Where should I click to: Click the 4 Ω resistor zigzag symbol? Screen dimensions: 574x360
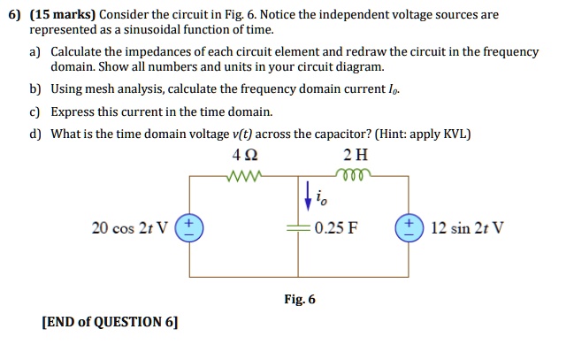(244, 176)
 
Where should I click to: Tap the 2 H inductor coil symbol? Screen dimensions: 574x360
(353, 174)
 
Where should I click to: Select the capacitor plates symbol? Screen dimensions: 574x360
(298, 228)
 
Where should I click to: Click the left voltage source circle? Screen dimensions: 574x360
(189, 228)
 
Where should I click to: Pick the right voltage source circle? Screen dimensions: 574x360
(409, 228)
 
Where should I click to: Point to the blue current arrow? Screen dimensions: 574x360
(309, 196)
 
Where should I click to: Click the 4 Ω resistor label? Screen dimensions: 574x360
(245, 155)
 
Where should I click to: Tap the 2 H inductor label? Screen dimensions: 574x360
(356, 155)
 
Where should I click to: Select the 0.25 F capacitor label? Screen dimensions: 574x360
(336, 228)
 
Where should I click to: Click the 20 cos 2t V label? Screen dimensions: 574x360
(130, 228)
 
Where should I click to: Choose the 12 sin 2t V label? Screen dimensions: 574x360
(467, 228)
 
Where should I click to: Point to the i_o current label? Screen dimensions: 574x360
(321, 198)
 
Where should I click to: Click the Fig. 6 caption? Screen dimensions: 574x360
(300, 299)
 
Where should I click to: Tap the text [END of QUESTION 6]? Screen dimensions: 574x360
(110, 322)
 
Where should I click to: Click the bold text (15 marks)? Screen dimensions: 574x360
(63, 15)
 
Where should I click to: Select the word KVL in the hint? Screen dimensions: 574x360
(455, 134)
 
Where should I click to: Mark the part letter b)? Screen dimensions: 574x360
(34, 89)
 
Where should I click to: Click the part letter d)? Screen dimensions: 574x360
(34, 134)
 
